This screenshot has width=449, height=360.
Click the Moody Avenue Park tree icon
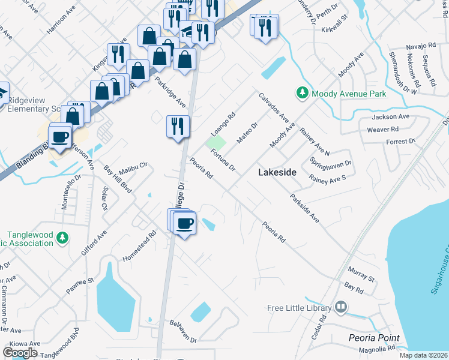[302, 93]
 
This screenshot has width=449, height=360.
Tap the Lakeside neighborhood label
[277, 172]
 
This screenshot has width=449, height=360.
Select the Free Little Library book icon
[341, 308]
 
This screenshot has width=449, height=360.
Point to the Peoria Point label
[373, 338]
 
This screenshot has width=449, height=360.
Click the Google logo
[20, 352]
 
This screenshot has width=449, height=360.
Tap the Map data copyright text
[423, 355]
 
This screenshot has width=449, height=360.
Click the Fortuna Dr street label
[223, 160]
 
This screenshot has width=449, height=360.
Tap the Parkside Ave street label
[304, 208]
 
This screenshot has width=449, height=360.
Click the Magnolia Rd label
[377, 349]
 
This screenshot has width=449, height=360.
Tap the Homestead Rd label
[140, 244]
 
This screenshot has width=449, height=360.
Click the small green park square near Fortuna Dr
[217, 143]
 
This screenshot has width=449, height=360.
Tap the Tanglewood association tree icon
[62, 238]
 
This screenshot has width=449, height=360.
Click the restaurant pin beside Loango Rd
[178, 127]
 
